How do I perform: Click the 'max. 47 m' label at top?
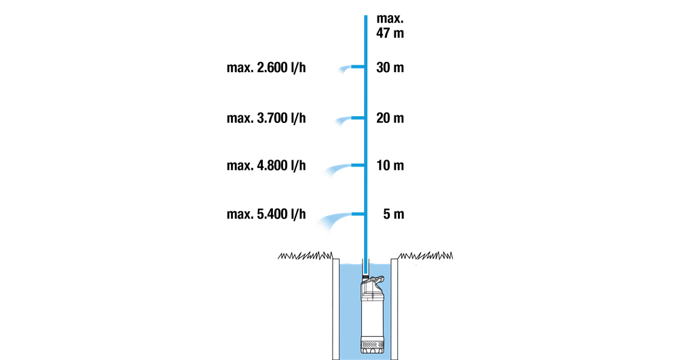[390, 26]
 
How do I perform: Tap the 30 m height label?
[390, 69]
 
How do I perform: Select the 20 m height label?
[390, 118]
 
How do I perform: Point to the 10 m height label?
[390, 166]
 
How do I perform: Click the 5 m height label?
[393, 215]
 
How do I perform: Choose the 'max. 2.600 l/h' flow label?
[266, 69]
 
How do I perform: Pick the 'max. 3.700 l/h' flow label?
[266, 118]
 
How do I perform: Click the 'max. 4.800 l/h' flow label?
[266, 166]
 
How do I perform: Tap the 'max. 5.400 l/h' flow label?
[266, 215]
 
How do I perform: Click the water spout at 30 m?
[348, 69]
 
